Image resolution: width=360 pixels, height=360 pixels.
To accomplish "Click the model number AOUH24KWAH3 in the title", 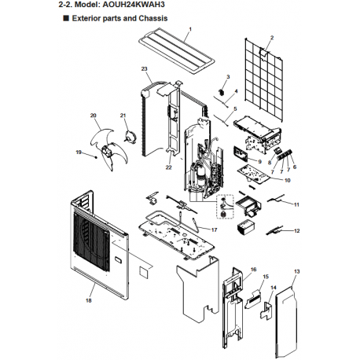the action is tap(132, 5).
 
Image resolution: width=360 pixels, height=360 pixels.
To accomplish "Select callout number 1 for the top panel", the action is tap(190, 29).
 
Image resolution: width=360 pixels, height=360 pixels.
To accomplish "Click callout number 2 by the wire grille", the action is tap(272, 38).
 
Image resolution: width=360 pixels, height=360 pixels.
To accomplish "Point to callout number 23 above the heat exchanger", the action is tap(145, 68).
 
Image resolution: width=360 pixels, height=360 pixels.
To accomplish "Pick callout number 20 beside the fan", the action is tap(94, 116).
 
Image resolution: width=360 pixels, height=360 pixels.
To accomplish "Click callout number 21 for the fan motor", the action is tap(123, 116).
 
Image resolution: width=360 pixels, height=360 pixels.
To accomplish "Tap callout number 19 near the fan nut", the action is tap(79, 152).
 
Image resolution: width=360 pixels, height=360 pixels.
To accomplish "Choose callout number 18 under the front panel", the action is tap(89, 300).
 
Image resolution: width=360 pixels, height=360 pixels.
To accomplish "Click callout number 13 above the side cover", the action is tap(296, 271).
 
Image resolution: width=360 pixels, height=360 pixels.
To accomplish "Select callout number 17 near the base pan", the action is tap(214, 230).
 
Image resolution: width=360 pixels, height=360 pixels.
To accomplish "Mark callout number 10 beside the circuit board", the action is tap(288, 180).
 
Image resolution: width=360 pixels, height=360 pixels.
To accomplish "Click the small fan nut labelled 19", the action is tap(96, 157).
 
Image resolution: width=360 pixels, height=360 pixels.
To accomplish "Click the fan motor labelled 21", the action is tap(130, 137).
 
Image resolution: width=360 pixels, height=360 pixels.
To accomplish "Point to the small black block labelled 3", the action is tap(222, 92).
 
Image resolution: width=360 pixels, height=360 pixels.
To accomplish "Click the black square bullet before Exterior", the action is tap(66, 18).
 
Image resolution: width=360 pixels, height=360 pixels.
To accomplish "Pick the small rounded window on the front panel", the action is tap(117, 260).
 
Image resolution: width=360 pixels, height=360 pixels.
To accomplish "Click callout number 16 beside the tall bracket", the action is tap(253, 270).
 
